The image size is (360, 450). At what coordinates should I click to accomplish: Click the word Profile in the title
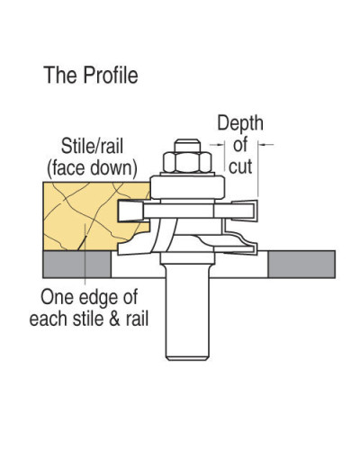(x=111, y=75)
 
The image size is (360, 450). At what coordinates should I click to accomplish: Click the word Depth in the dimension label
(x=240, y=123)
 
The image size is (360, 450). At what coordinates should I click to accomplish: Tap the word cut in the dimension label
(x=240, y=166)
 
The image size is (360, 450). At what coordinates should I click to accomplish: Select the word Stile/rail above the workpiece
(x=92, y=147)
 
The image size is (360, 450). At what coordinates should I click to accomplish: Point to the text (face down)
(x=92, y=168)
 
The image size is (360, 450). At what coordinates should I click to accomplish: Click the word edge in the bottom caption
(x=98, y=298)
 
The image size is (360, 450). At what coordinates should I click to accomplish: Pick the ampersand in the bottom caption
(x=114, y=319)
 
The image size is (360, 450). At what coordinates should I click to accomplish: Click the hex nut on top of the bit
(x=187, y=162)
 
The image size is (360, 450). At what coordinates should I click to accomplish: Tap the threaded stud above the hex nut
(x=187, y=146)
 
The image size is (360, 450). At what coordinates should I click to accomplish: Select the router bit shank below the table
(x=187, y=312)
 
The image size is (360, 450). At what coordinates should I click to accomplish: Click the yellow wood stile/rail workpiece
(x=96, y=216)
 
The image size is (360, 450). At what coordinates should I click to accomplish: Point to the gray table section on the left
(x=77, y=265)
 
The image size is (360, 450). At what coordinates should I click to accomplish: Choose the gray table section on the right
(x=301, y=265)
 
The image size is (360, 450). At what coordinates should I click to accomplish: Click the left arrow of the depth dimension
(x=217, y=145)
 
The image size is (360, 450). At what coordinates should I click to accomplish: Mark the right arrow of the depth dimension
(x=266, y=145)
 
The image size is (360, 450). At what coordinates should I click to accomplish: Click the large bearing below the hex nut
(x=187, y=188)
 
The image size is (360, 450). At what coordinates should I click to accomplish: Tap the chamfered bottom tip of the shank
(x=187, y=358)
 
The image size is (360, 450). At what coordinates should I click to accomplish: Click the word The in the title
(x=61, y=75)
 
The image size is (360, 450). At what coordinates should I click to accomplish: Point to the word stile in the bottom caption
(x=89, y=319)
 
